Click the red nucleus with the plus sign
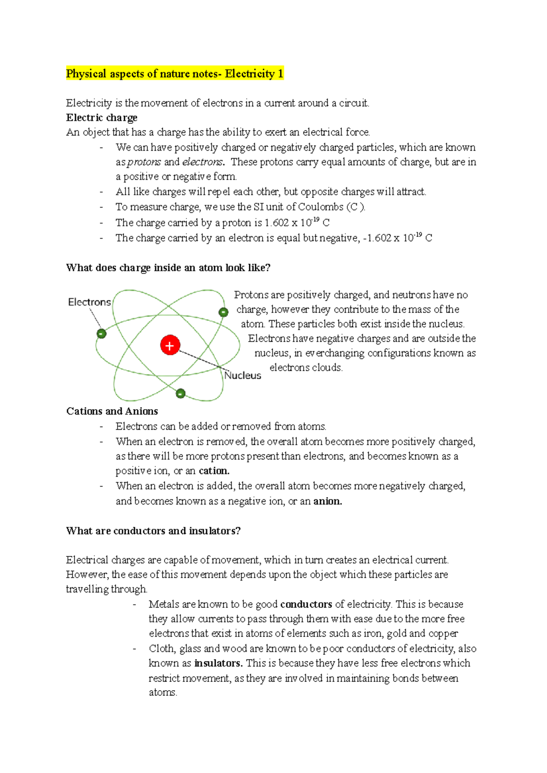click(170, 345)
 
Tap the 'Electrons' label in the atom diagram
click(89, 302)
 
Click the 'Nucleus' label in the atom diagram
click(243, 375)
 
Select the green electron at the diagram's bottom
click(181, 393)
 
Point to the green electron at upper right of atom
click(223, 312)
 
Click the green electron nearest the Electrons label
click(101, 333)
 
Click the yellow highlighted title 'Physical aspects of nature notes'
click(175, 74)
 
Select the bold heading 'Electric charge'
click(102, 117)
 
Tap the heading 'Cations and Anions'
click(112, 411)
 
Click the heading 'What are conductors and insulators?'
click(153, 531)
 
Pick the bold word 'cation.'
click(214, 471)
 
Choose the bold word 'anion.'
click(327, 501)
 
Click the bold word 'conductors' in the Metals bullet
click(306, 605)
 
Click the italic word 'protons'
click(144, 162)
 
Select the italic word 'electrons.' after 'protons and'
click(203, 162)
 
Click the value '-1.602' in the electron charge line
click(377, 238)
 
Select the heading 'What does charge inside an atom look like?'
click(168, 268)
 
